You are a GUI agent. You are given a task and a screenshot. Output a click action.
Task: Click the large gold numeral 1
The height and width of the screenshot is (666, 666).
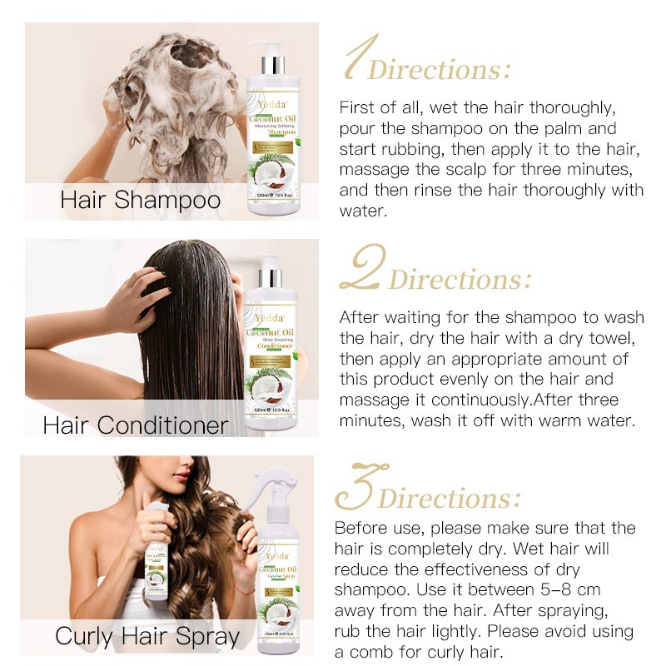[x=360, y=61]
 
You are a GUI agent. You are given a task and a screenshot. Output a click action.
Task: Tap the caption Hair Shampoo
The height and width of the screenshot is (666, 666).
[x=141, y=201]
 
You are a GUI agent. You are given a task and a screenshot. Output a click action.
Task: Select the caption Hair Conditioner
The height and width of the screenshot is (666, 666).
[x=136, y=425]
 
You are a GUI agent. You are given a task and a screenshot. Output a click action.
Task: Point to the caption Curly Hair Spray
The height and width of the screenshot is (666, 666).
[x=147, y=637]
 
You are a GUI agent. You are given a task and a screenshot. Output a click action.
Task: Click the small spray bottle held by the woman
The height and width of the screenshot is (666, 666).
[x=157, y=549]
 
